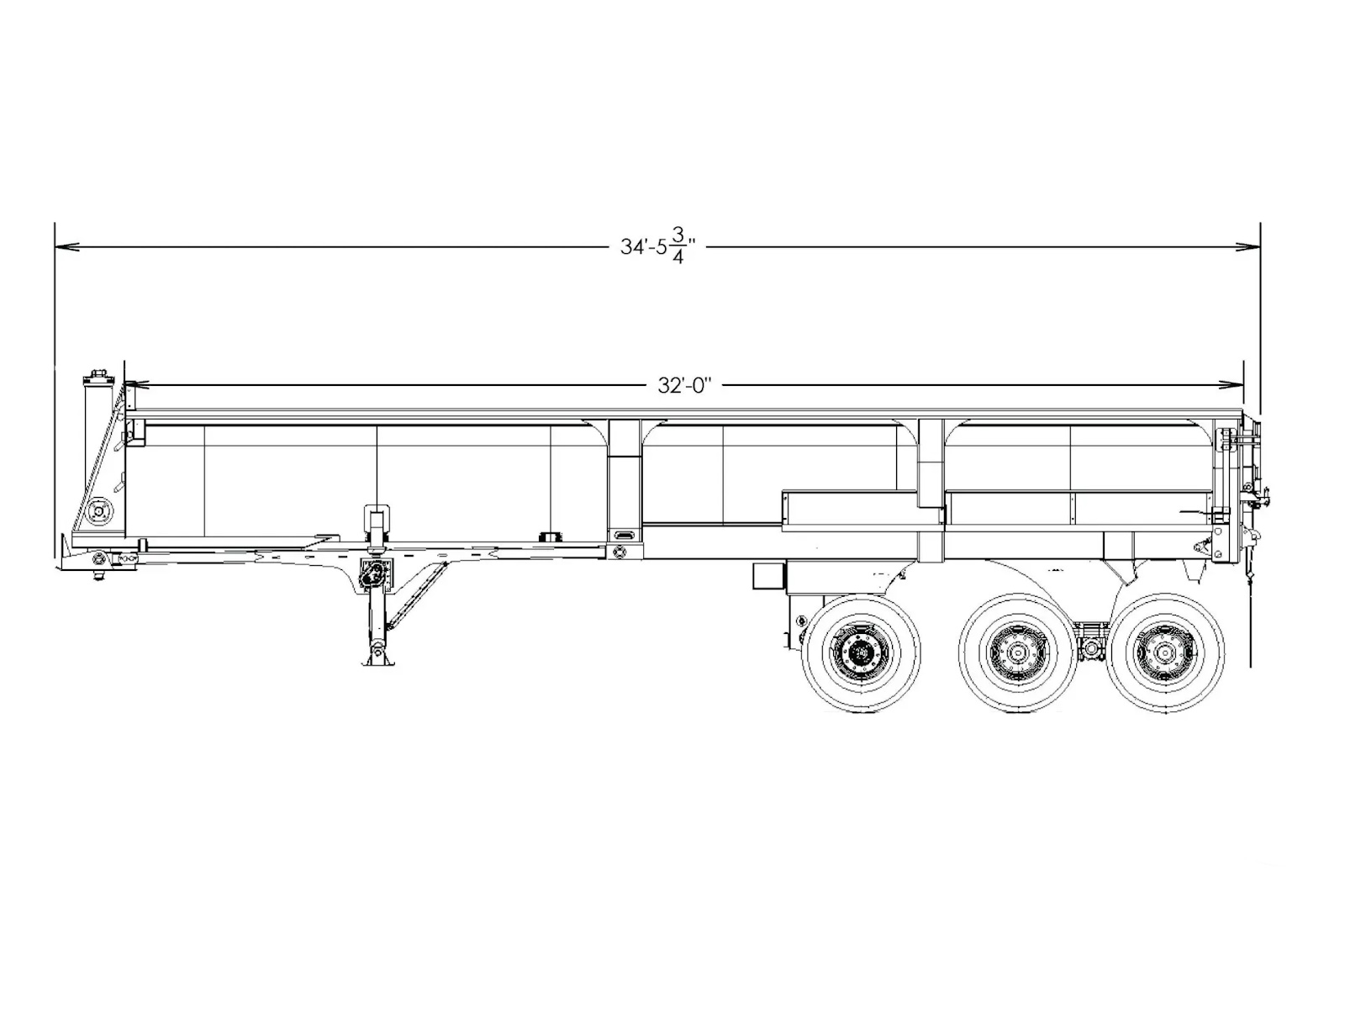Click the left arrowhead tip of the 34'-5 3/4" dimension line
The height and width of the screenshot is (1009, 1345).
[x=55, y=247]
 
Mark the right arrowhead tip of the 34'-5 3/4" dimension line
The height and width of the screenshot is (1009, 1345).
[x=1260, y=247]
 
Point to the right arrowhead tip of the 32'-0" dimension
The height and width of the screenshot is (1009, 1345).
[x=1242, y=385]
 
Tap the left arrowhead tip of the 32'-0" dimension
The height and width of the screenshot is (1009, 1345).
[x=125, y=385]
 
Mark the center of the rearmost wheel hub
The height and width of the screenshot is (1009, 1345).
[x=1164, y=653]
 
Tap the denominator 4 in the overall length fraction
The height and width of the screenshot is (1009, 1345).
[x=678, y=257]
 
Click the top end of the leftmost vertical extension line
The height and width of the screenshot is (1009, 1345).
[x=55, y=222]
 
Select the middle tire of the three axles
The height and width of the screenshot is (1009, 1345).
[x=1018, y=653]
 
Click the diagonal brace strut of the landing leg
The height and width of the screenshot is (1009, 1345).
[x=417, y=595]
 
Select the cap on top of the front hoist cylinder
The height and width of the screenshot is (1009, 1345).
[x=98, y=376]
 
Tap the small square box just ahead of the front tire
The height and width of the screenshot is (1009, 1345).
[x=768, y=577]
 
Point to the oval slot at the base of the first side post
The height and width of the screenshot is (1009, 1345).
[x=625, y=535]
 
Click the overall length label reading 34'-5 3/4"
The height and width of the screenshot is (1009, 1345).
[x=658, y=246]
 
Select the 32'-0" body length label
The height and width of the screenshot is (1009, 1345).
[x=685, y=385]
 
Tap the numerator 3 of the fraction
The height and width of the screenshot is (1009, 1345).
[x=678, y=235]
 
